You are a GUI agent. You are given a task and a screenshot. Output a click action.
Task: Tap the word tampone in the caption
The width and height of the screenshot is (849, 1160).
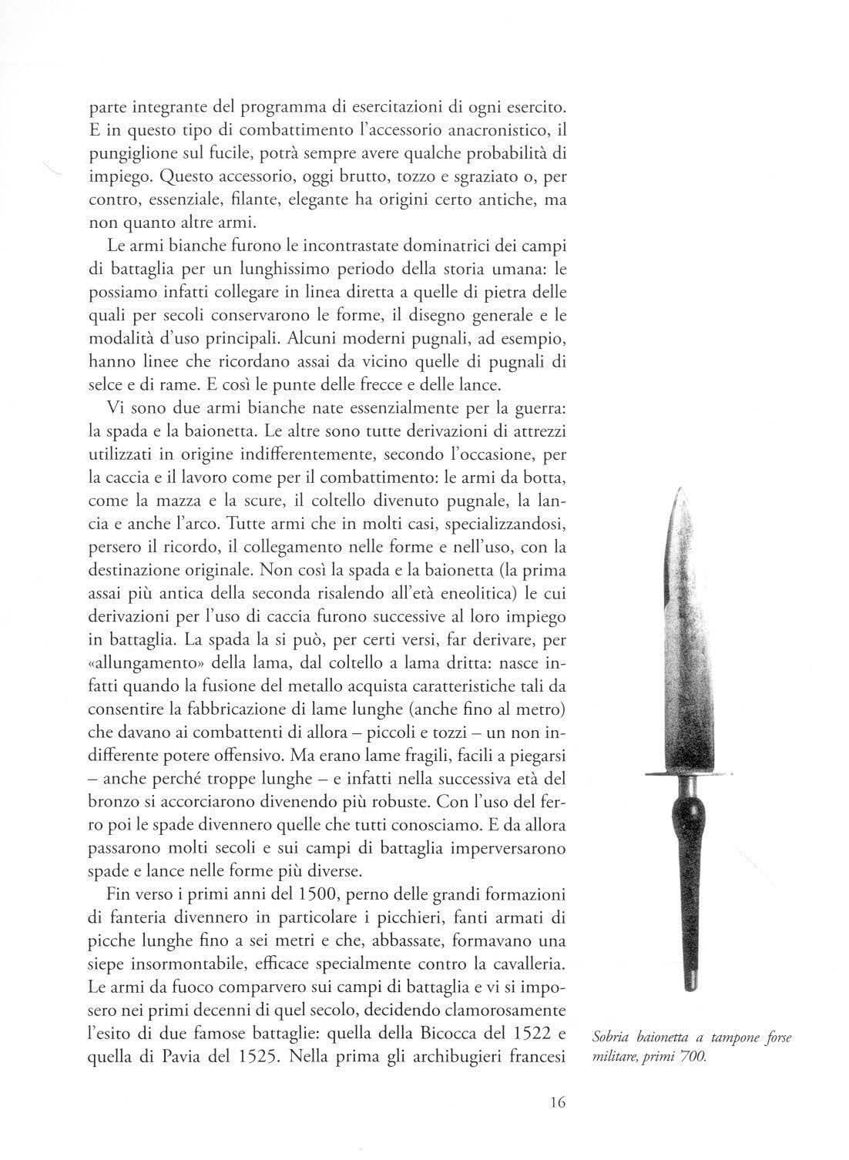720,1038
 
